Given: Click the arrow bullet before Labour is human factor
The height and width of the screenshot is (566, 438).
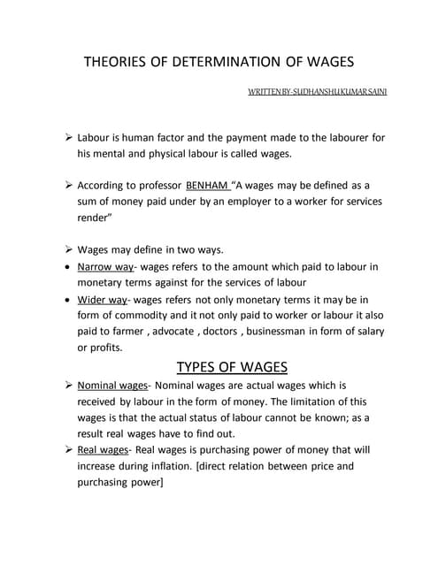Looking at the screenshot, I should pos(68,138).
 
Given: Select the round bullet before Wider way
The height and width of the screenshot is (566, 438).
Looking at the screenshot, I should pos(68,300).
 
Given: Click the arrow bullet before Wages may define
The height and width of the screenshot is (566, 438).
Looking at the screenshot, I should pos(68,249).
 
